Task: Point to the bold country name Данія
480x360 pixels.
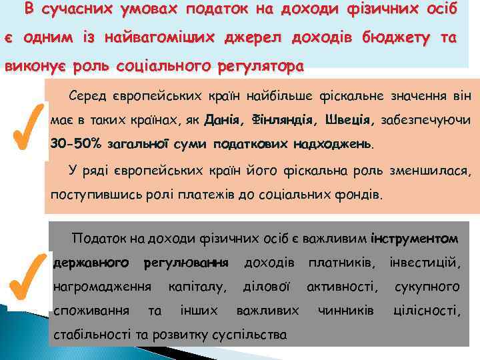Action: tap(222, 121)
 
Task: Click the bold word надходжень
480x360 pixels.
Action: tap(337, 144)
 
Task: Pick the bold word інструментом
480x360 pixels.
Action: tap(415, 238)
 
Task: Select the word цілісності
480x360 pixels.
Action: tap(427, 311)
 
